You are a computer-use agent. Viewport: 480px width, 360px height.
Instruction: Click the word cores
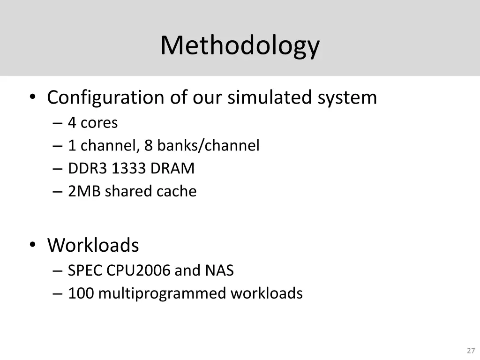[x=99, y=123]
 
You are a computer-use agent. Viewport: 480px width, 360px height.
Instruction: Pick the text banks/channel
[x=208, y=146]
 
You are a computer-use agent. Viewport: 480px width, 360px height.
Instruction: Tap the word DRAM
[x=172, y=169]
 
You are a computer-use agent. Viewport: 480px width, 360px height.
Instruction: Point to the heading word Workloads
[x=93, y=245]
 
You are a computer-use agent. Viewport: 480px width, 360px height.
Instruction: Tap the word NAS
[x=219, y=271]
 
